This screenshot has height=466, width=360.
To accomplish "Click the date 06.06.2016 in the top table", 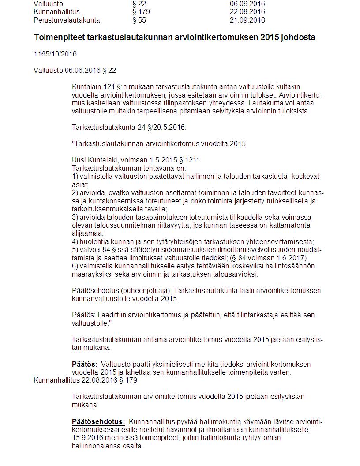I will coord(247,4).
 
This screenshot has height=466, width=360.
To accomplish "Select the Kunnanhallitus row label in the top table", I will coord(56,12).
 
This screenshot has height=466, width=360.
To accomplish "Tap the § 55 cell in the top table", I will coord(139,20).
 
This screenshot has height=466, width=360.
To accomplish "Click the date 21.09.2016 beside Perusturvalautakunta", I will coord(247,20).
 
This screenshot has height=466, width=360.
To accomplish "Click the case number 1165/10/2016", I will coord(55,54).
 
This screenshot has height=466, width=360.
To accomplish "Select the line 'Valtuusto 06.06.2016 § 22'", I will coord(75,70).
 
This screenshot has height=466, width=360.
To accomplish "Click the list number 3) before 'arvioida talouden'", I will coord(75,217).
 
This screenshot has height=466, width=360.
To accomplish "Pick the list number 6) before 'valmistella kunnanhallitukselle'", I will coord(75,266).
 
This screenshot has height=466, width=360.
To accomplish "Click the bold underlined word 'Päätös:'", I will coord(85,365).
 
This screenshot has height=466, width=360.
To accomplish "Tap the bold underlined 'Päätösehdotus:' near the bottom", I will coord(98,421).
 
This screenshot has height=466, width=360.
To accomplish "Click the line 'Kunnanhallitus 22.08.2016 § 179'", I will coord(82,380).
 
